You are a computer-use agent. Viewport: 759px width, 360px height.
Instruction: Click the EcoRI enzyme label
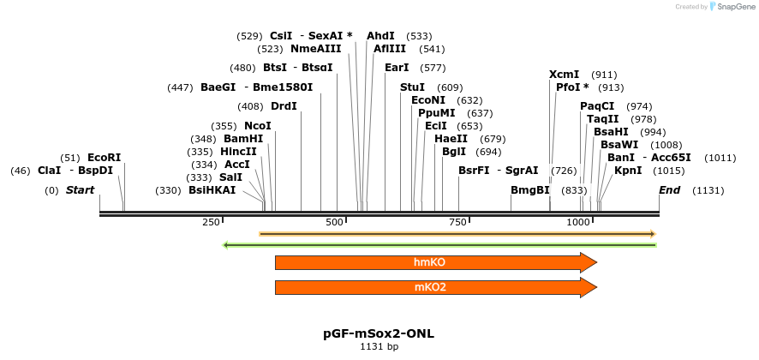click(x=104, y=158)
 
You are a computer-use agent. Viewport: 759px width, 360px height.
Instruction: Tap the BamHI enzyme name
click(x=243, y=139)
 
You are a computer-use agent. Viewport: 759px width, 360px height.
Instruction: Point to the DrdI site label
click(x=284, y=106)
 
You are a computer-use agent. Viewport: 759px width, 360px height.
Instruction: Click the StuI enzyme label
click(x=412, y=87)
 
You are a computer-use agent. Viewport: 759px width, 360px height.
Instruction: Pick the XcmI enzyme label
click(x=564, y=75)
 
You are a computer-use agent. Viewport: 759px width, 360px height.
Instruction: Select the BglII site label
click(x=454, y=152)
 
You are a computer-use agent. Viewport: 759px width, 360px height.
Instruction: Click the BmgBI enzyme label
click(x=529, y=189)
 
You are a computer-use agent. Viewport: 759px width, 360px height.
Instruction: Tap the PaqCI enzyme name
click(x=597, y=106)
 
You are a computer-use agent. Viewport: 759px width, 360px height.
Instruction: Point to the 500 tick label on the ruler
click(x=335, y=223)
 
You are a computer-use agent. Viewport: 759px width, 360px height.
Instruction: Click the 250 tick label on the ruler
click(x=211, y=223)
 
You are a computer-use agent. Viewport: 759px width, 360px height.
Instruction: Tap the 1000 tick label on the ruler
click(x=579, y=223)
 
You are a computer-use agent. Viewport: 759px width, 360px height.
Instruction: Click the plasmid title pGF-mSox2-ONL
click(x=379, y=333)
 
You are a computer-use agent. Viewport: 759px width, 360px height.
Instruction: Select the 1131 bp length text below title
click(x=379, y=347)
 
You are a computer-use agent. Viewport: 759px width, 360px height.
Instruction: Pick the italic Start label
click(x=80, y=189)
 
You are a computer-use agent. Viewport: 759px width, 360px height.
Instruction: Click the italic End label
click(x=670, y=189)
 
